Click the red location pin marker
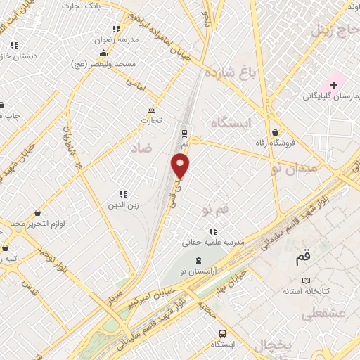click(x=181, y=166)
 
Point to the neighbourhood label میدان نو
click(x=294, y=168)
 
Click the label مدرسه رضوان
click(x=117, y=40)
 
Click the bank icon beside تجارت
click(x=151, y=110)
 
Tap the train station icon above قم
click(x=184, y=132)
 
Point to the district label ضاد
click(x=141, y=148)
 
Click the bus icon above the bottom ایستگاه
click(x=222, y=333)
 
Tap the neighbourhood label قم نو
click(x=215, y=210)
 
